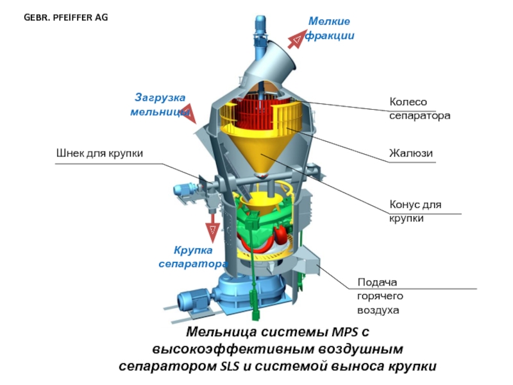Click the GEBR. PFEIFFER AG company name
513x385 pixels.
coord(66,17)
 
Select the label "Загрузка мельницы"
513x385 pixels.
coord(160,105)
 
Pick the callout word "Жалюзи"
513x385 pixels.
coord(411,153)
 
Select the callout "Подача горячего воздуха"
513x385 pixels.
coord(378,296)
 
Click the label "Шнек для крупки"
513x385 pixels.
coord(99,153)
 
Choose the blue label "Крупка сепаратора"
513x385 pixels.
coord(192,257)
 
